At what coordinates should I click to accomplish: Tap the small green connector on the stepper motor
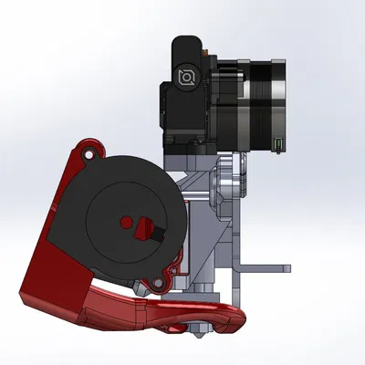(277, 142)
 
